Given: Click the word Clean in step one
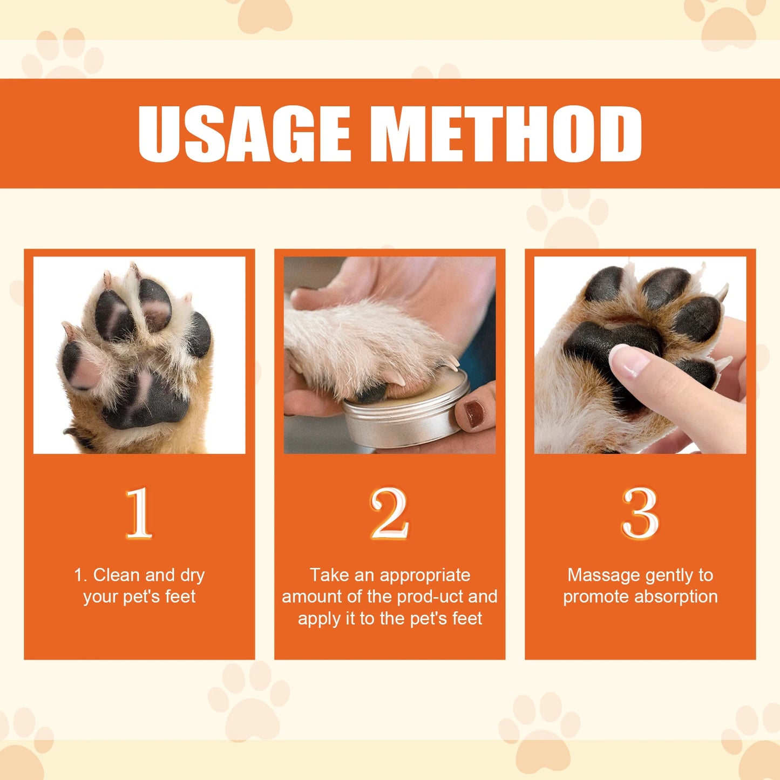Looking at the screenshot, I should pyautogui.click(x=117, y=575).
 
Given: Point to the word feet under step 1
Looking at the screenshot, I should pyautogui.click(x=180, y=596).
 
